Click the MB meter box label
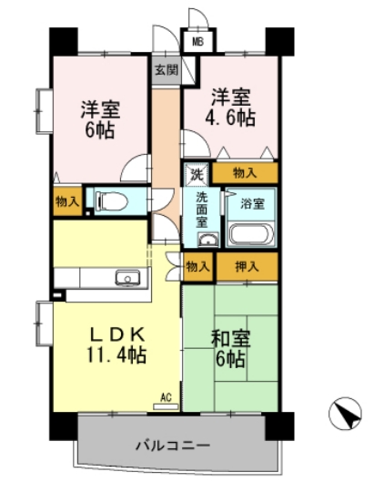(197, 39)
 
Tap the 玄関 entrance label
(166, 68)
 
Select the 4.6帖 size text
(232, 118)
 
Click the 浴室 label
(253, 204)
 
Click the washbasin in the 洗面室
(207, 241)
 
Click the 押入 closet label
(246, 267)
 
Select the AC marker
(165, 397)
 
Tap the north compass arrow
(342, 416)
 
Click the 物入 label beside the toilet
(67, 200)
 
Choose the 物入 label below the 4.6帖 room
(244, 172)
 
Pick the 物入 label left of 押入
(197, 267)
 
